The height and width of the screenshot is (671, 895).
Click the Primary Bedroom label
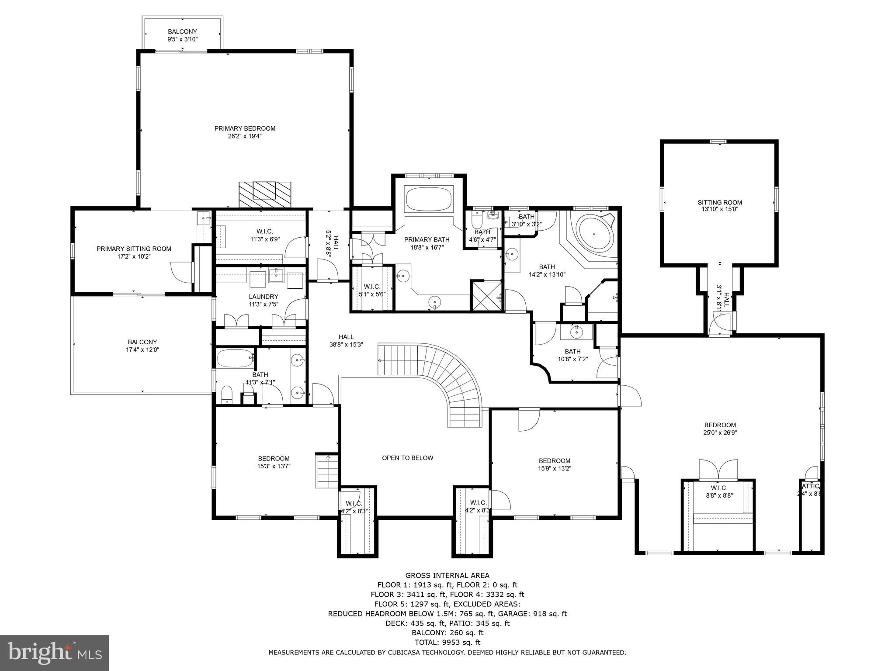[245, 128]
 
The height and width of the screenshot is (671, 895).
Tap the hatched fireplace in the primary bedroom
[264, 195]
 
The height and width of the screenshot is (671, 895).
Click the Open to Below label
[407, 458]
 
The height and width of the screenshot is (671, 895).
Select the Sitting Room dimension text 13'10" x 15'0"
[720, 210]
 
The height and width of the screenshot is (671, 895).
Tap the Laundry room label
[264, 297]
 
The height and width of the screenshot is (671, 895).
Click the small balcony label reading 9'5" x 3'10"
[183, 39]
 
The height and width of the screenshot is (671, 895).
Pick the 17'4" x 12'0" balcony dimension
[142, 349]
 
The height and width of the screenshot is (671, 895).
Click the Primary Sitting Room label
[134, 249]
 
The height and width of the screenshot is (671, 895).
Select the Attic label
[811, 486]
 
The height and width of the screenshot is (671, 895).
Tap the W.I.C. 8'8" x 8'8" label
[718, 488]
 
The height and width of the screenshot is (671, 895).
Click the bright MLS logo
[55, 653]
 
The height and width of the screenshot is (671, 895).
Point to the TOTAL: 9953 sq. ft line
[447, 642]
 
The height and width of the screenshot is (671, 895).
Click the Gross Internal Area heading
[447, 575]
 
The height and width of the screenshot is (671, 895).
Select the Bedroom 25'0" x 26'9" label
[720, 425]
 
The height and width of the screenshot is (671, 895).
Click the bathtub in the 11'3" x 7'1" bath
[235, 359]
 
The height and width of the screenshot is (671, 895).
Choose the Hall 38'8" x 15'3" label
[346, 337]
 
